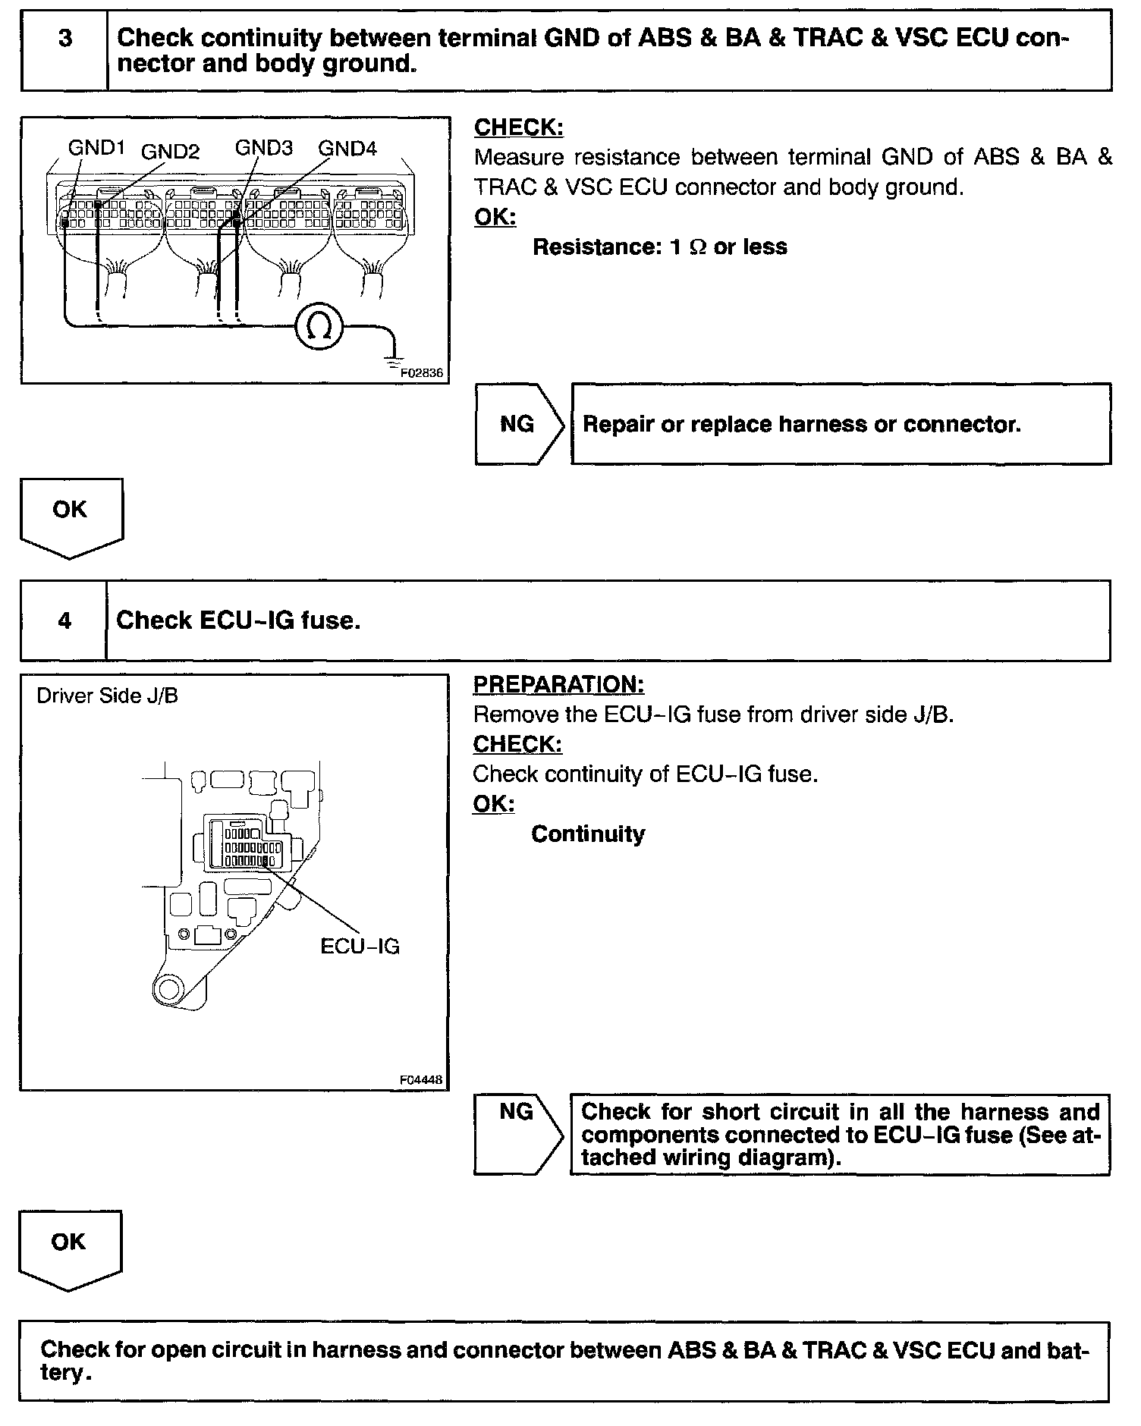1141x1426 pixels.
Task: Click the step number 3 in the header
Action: pyautogui.click(x=65, y=38)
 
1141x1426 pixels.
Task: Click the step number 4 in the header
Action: pyautogui.click(x=64, y=621)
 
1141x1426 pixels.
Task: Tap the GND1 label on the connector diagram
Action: pyautogui.click(x=96, y=148)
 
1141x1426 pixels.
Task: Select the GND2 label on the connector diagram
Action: pyautogui.click(x=170, y=152)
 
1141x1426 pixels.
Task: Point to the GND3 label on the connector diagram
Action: pyautogui.click(x=263, y=148)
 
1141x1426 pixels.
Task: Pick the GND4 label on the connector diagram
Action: pyautogui.click(x=347, y=149)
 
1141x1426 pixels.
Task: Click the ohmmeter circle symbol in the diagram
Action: pyautogui.click(x=320, y=327)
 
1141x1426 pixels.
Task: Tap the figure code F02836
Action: pyautogui.click(x=421, y=373)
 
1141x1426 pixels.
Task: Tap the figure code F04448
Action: pyautogui.click(x=421, y=1080)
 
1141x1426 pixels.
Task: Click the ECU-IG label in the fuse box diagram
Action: pyautogui.click(x=360, y=947)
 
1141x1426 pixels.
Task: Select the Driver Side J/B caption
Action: pyautogui.click(x=107, y=696)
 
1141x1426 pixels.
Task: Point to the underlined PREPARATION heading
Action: pyautogui.click(x=558, y=684)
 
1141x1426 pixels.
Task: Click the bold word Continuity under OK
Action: pyautogui.click(x=588, y=834)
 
